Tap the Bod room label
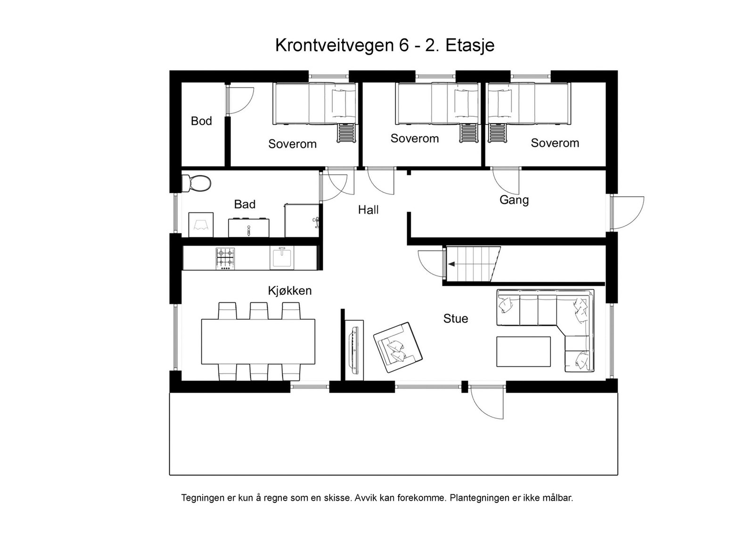[x=201, y=121]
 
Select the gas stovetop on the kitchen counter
[x=225, y=258]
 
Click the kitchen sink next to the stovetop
[x=282, y=258]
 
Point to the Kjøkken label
[x=290, y=291]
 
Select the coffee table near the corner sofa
[x=523, y=351]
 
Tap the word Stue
[x=455, y=319]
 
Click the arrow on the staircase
[x=451, y=265]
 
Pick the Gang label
[x=514, y=200]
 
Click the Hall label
[x=368, y=210]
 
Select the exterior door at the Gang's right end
[x=628, y=212]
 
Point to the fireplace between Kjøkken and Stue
[x=354, y=348]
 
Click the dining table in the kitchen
[x=258, y=341]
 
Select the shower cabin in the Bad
[x=302, y=220]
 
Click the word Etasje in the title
[x=469, y=46]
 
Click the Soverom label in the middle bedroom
[x=414, y=138]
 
